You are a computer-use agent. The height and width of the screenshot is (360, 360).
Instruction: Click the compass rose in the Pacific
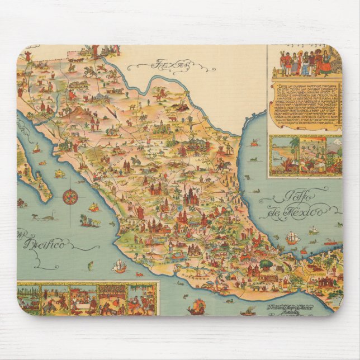(70, 196)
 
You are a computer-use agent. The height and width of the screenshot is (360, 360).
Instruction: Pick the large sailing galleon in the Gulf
(292, 238)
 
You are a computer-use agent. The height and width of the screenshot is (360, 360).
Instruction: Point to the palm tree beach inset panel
(287, 154)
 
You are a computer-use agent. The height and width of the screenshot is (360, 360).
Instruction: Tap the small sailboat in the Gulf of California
(36, 148)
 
